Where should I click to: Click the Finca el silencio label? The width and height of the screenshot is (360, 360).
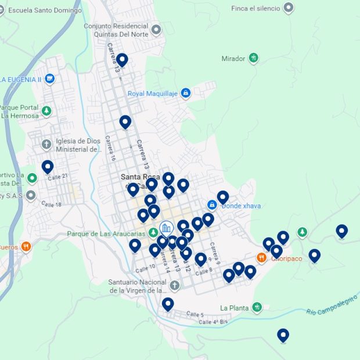(x=255, y=8)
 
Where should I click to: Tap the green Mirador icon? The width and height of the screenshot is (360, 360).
(x=254, y=58)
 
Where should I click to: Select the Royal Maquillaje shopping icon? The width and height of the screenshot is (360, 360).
(x=185, y=93)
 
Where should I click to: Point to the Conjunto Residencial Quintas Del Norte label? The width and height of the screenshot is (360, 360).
(x=116, y=30)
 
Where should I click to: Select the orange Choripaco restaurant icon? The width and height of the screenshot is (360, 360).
(x=262, y=258)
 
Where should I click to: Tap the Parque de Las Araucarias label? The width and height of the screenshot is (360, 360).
(x=105, y=234)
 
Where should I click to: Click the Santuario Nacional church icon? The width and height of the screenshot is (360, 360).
(x=175, y=286)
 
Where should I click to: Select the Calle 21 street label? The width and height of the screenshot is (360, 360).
(x=58, y=176)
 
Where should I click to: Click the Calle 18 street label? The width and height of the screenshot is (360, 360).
(x=51, y=204)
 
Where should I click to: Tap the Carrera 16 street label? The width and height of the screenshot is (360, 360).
(x=110, y=149)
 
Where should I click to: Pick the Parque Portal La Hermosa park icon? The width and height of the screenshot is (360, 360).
(x=46, y=110)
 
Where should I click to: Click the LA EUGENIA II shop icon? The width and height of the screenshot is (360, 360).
(x=49, y=79)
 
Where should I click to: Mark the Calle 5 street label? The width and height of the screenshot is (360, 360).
(x=195, y=314)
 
